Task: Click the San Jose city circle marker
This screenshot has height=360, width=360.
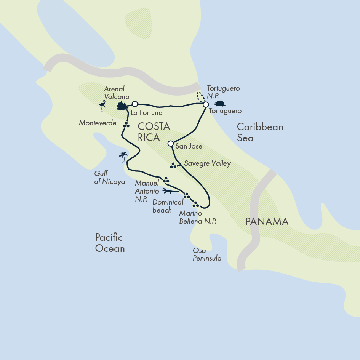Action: pos(171,144)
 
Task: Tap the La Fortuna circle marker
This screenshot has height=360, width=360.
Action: pos(134,104)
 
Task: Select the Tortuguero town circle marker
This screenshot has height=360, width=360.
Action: pos(206,104)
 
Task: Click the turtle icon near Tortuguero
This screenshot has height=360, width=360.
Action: pos(219,103)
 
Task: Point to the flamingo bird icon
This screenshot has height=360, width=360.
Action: pos(102,106)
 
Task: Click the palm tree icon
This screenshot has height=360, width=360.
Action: pos(123,157)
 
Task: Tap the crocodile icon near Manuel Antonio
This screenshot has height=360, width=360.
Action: pos(170,190)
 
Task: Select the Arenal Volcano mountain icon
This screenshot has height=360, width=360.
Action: pos(122,106)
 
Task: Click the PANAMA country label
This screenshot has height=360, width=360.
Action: pos(267,222)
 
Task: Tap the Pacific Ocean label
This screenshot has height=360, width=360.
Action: pos(110,243)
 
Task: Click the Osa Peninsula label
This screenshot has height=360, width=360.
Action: pos(207,254)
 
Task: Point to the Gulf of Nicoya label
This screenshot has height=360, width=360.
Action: pos(110,178)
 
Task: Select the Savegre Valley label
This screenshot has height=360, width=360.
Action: pos(208,163)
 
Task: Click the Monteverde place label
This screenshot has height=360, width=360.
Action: pos(98,123)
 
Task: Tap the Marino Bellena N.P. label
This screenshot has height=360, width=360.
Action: pos(198,217)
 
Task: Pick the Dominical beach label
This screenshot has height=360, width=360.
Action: pos(168,206)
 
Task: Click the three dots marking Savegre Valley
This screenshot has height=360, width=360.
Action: pos(173,165)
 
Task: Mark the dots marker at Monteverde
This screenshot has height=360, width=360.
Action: pos(126,125)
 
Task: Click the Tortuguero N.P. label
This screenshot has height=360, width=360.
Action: pos(223,92)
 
